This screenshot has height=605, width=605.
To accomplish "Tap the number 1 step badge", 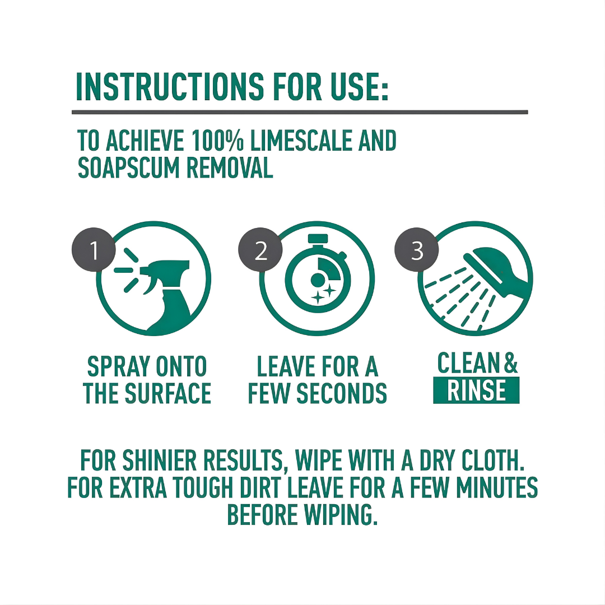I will [x=94, y=250].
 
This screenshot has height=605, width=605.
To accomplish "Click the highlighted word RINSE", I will [x=476, y=390].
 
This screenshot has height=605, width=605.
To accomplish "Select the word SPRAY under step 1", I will [x=115, y=367].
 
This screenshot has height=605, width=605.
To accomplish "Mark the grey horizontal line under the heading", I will [x=300, y=112].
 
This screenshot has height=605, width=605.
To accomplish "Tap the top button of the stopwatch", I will [x=318, y=239].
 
